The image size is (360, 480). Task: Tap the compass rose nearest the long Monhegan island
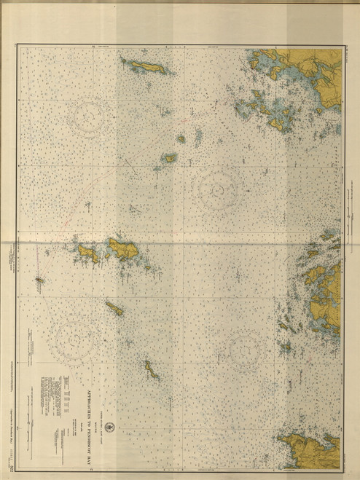tap(93, 113)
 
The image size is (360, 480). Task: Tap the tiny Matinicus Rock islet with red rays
tap(39, 278)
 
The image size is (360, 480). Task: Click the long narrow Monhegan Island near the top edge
tap(145, 66)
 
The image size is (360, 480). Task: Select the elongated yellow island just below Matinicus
tap(114, 308)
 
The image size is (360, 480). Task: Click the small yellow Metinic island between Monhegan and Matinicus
tap(170, 157)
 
